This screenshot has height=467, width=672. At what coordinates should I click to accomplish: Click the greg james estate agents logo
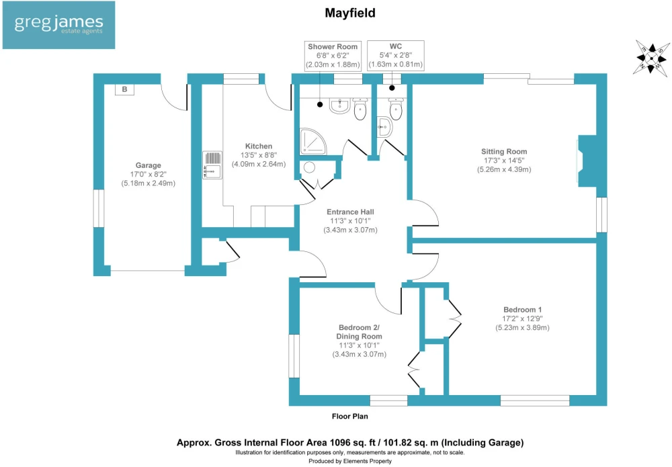(58, 25)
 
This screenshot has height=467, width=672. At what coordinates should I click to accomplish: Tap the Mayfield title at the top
(350, 13)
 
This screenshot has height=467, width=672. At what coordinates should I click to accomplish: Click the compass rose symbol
(651, 58)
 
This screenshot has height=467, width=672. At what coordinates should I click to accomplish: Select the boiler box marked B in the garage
(125, 89)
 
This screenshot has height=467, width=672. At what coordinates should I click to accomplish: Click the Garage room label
(149, 165)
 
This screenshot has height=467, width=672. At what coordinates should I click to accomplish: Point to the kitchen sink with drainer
(212, 165)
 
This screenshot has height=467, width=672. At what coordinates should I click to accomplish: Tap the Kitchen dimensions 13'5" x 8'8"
(259, 155)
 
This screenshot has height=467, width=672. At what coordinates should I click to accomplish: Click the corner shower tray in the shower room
(313, 141)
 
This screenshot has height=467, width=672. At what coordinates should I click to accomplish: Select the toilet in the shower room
(360, 109)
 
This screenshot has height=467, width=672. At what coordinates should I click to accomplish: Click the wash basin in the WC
(384, 127)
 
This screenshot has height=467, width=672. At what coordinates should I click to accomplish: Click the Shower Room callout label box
(333, 56)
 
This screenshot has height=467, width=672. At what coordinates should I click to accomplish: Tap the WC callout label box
(396, 55)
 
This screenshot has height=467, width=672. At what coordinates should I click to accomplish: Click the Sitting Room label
(504, 151)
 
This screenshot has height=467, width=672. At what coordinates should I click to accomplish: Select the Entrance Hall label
(350, 212)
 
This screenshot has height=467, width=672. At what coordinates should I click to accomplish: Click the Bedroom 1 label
(522, 309)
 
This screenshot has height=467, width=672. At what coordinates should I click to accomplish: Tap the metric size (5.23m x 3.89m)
(522, 328)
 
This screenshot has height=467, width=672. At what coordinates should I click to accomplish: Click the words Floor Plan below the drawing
(349, 416)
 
